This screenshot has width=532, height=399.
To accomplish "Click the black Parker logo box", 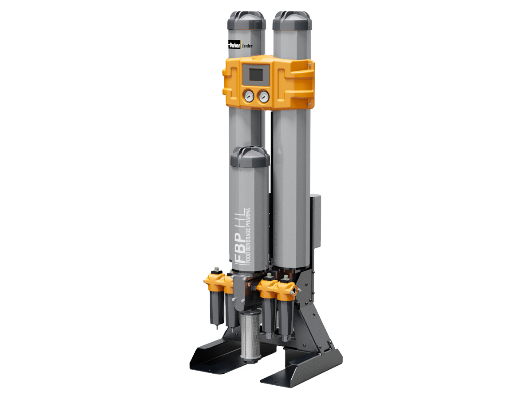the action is [x=234, y=45].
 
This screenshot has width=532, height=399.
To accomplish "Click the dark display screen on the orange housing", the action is [x=256, y=74].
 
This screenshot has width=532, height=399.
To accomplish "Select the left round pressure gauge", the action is [x=249, y=96].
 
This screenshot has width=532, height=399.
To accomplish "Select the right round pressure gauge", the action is [x=264, y=96].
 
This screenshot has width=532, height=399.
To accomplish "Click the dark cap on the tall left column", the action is [x=246, y=20].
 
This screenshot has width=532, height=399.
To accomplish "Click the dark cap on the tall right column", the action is [x=292, y=20].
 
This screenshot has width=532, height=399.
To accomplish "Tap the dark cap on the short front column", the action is [x=250, y=156].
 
